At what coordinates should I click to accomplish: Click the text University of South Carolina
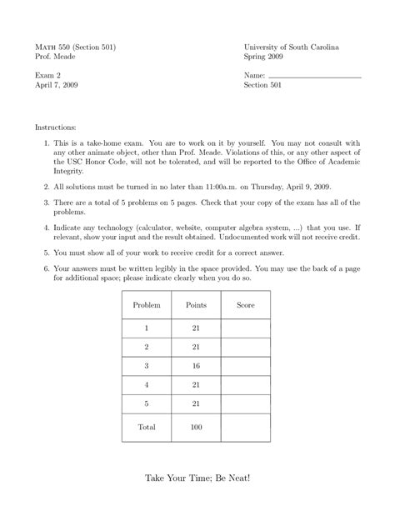pos(291,48)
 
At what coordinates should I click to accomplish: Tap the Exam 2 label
pos(47,76)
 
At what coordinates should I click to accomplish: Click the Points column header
pos(196,306)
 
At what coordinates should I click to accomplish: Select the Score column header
pos(245,306)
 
